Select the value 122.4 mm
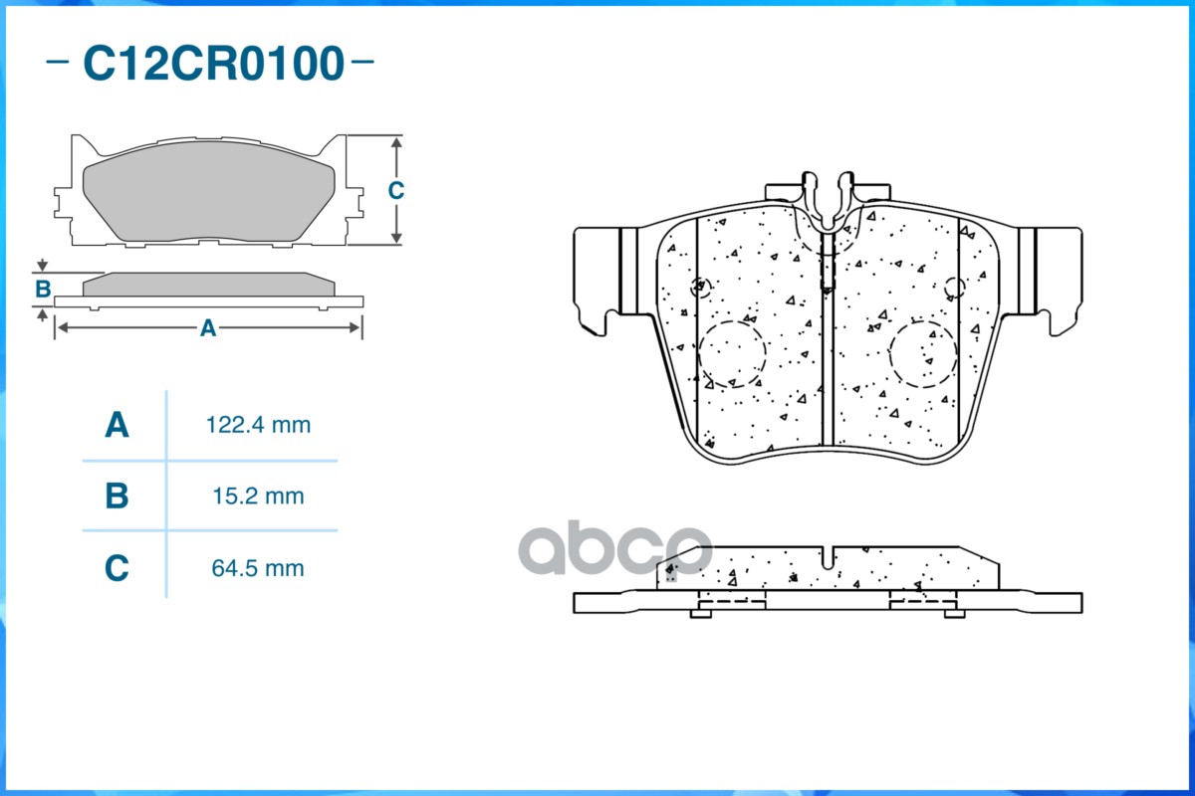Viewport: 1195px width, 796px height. pos(258,426)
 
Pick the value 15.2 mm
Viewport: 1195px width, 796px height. pos(258,496)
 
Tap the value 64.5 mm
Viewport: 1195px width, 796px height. pos(258,569)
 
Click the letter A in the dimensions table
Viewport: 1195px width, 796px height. pos(117,426)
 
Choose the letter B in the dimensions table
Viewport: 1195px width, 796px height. pos(117,496)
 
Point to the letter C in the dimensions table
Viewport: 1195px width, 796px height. pos(117,569)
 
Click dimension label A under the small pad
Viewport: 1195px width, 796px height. pos(207,328)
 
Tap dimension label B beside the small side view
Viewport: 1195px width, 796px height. pos(43,290)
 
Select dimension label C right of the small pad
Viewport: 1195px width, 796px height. pos(395,190)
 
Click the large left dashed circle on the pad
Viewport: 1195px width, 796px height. pos(731,353)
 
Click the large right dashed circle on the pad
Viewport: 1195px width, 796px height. pos(923,353)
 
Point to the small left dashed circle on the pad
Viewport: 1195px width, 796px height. pos(702,287)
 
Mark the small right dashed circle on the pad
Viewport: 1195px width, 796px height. pos(955,288)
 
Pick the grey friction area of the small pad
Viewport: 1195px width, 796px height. pos(207,199)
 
